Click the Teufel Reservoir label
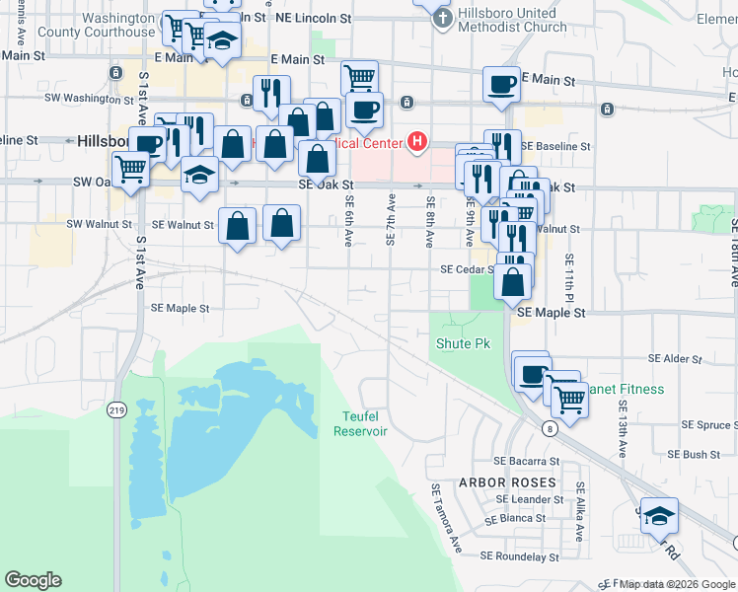pyautogui.click(x=360, y=424)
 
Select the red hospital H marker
pyautogui.click(x=417, y=143)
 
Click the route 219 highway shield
pyautogui.click(x=117, y=409)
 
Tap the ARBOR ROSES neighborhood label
pyautogui.click(x=507, y=483)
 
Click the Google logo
pyautogui.click(x=33, y=580)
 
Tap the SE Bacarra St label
pyautogui.click(x=526, y=462)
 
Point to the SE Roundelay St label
pyautogui.click(x=519, y=556)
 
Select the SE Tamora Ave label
pyautogui.click(x=444, y=517)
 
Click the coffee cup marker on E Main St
pyautogui.click(x=501, y=83)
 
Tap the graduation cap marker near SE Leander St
pyautogui.click(x=659, y=515)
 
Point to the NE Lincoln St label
pyautogui.click(x=314, y=19)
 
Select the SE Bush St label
pyautogui.click(x=695, y=455)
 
